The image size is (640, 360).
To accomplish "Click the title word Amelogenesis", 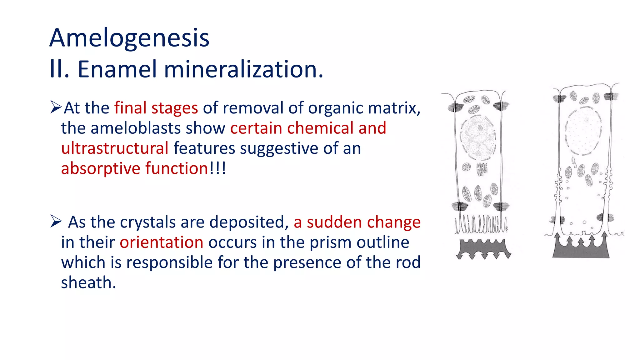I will [x=129, y=38].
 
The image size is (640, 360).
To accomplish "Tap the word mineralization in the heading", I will [x=243, y=69].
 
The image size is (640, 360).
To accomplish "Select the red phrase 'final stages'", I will [x=156, y=108].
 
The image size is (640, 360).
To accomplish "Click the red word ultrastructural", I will [x=115, y=148].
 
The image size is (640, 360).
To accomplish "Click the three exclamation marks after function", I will [x=218, y=168].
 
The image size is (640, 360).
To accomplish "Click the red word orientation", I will [x=161, y=242].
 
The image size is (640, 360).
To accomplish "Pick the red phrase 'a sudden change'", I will [x=357, y=222].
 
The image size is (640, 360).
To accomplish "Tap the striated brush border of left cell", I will [x=481, y=224].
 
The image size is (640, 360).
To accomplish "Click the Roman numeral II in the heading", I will [x=59, y=69].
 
